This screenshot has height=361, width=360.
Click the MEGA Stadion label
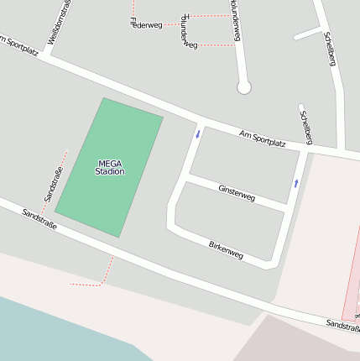(110, 167)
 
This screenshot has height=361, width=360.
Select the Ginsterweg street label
(236, 192)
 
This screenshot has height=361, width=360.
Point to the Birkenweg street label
(226, 249)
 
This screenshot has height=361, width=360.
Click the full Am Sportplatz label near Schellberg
(262, 139)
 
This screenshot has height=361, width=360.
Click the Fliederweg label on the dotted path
(146, 24)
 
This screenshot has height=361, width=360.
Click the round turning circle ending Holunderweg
(244, 86)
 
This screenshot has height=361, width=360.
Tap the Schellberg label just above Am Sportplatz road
(306, 125)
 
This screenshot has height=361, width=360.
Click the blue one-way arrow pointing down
(198, 133)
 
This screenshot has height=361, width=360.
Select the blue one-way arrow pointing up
(295, 182)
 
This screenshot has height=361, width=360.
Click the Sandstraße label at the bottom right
(342, 324)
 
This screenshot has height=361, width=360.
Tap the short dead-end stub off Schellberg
(307, 34)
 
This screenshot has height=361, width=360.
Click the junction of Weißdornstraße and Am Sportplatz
(46, 56)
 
